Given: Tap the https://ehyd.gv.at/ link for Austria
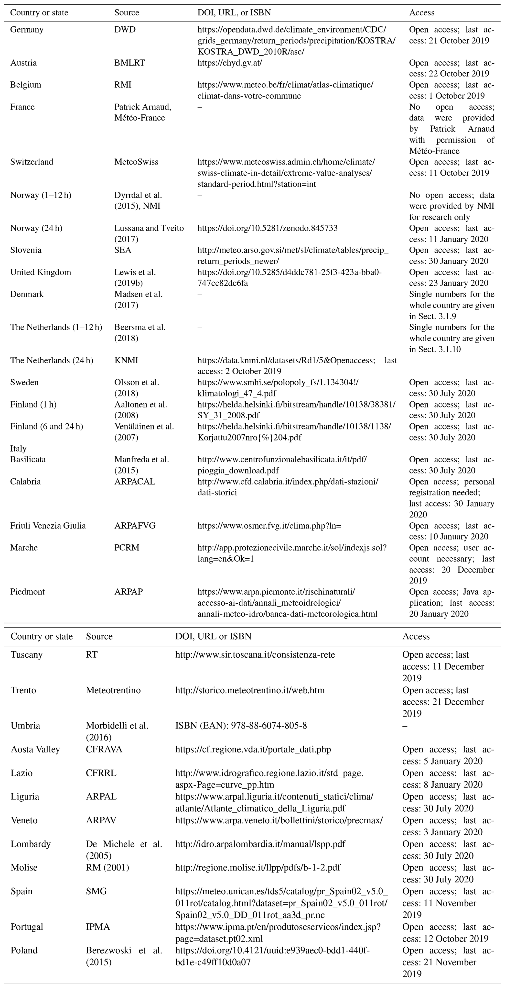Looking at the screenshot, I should [230, 63].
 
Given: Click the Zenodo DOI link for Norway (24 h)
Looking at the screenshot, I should [267, 228].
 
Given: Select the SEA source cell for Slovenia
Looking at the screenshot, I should [123, 250].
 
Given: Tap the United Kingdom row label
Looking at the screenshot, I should [41, 272].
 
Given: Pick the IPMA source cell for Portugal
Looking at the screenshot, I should [98, 938].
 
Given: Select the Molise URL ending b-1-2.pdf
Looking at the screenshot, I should [258, 878].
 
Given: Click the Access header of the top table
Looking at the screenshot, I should [422, 13].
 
